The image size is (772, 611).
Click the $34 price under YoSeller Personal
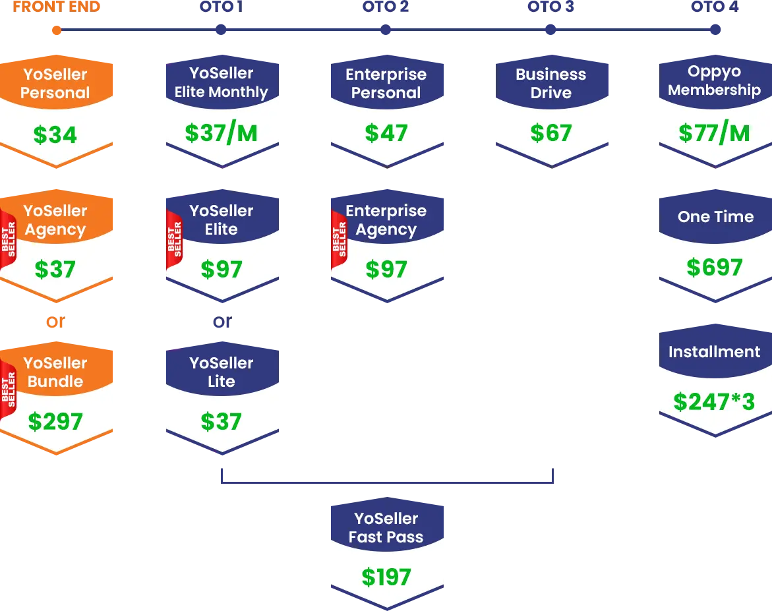click(55, 135)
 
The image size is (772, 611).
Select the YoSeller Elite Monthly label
click(221, 83)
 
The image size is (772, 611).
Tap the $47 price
click(386, 133)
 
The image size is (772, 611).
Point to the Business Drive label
click(550, 84)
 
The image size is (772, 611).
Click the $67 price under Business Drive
click(551, 133)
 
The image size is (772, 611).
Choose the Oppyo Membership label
click(714, 81)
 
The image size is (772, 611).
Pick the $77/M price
click(714, 133)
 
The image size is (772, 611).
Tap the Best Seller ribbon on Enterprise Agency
click(339, 239)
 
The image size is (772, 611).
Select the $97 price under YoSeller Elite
click(222, 270)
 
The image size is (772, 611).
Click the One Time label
click(715, 217)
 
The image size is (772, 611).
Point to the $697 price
click(715, 268)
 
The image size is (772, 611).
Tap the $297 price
click(55, 422)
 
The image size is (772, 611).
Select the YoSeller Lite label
click(221, 372)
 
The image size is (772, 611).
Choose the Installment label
click(714, 352)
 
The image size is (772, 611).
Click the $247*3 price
click(714, 402)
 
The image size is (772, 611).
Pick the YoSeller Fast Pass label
click(386, 528)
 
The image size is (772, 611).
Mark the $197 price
click(386, 577)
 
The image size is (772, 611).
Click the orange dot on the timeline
click(56, 30)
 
